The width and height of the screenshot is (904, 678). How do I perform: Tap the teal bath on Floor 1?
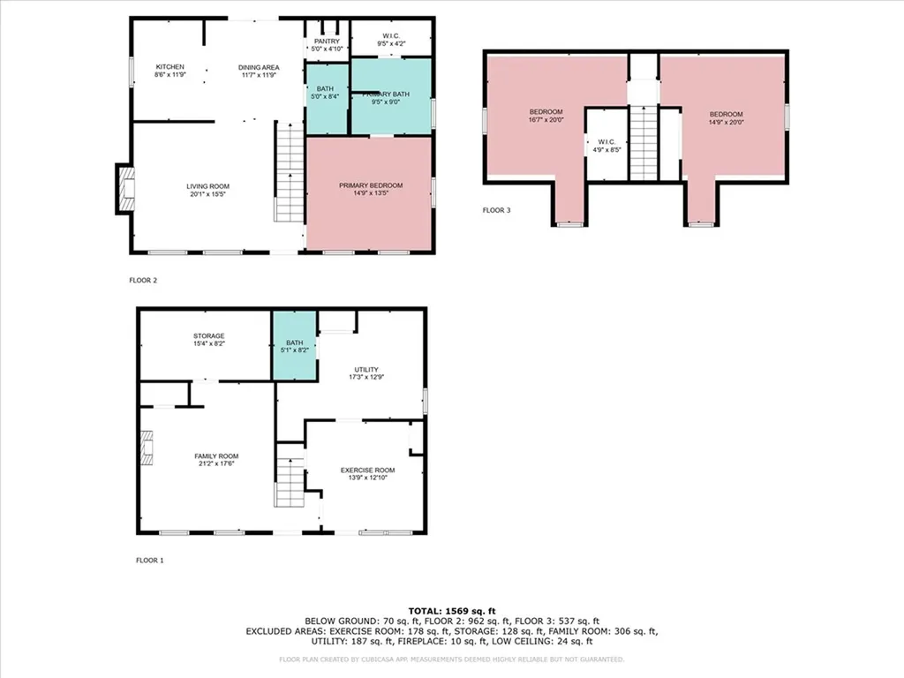coord(294,346)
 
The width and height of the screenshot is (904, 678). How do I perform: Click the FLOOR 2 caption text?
coord(143,281)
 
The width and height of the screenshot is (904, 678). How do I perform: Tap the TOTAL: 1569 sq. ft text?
coord(451,611)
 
